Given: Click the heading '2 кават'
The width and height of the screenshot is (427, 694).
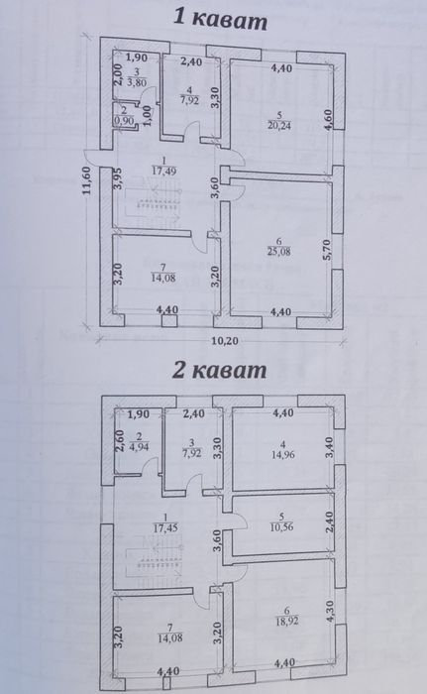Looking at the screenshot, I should [218, 373].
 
